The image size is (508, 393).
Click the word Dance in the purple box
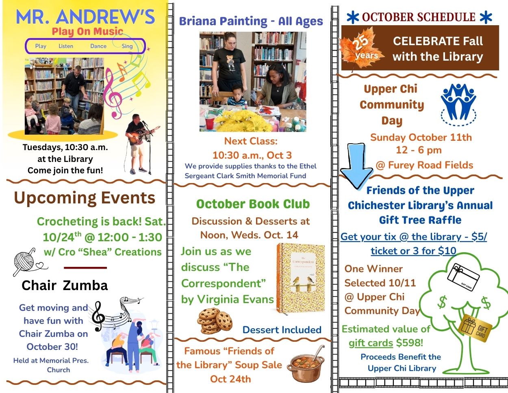98,46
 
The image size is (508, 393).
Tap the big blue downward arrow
356,166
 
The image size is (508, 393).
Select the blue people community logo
458,105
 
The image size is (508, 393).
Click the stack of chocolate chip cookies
215,321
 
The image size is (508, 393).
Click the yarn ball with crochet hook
24,261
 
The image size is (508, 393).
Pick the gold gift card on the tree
475,328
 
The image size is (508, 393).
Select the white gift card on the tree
463,277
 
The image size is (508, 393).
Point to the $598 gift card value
410,343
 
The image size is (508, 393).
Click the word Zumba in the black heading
85,286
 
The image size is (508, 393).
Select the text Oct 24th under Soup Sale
230,379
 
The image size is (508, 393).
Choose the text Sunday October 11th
421,138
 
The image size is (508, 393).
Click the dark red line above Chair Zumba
85,268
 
